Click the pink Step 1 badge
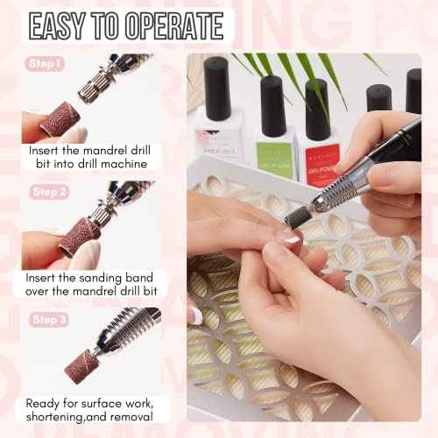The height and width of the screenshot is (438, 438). tap(46, 64)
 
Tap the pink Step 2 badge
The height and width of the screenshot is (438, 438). tap(46, 191)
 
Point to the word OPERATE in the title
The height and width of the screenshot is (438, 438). tap(176, 26)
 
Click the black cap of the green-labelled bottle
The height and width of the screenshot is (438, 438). tap(273, 103)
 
